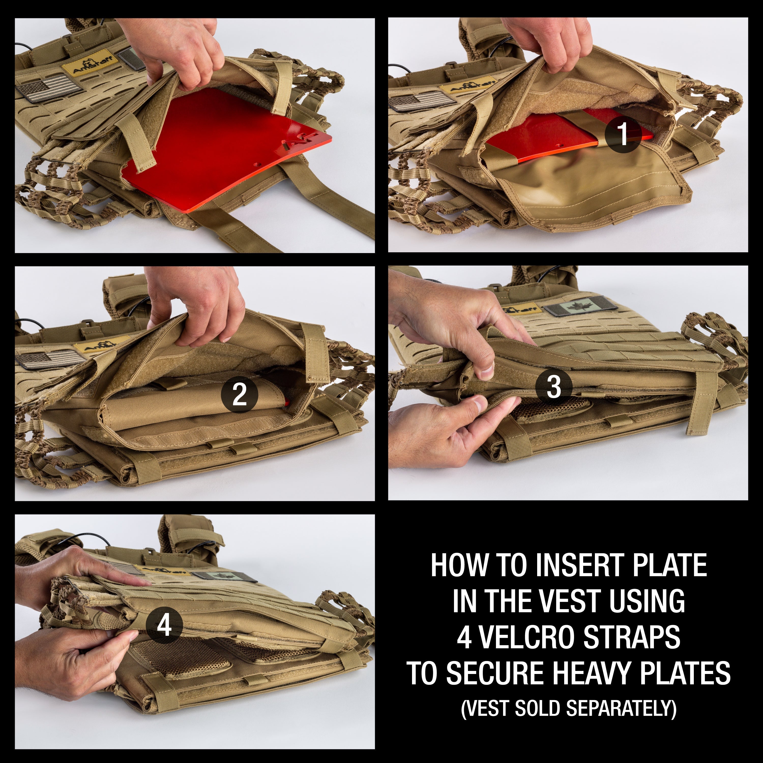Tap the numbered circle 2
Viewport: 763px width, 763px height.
point(239,394)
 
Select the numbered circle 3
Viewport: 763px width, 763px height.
point(554,386)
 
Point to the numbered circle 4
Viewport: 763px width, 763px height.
point(164,625)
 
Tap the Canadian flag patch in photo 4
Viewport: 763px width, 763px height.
point(224,576)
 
